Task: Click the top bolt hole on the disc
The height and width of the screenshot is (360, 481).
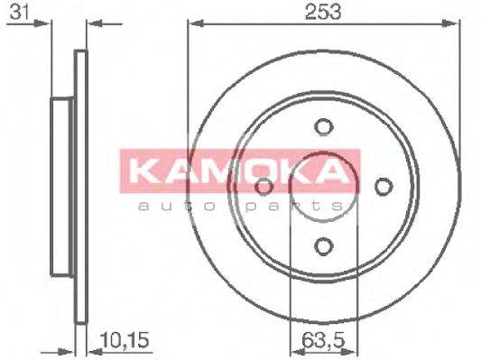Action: [323, 128]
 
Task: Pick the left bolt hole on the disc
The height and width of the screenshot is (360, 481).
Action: [264, 187]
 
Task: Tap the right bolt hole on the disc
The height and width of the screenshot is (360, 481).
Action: [383, 186]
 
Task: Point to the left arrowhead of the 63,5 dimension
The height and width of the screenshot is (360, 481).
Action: [292, 352]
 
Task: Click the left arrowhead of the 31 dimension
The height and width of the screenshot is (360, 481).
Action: [45, 24]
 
